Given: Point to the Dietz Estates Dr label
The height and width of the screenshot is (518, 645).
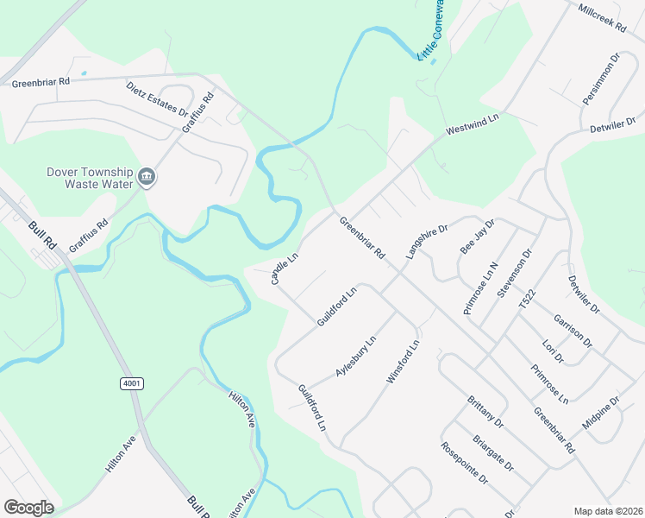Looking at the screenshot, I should tap(157, 99).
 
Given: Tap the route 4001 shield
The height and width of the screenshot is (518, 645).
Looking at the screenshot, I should tap(132, 382).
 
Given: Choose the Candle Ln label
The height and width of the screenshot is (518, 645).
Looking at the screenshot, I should tap(285, 269).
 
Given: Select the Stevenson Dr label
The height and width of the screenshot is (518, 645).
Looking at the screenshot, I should tap(516, 274).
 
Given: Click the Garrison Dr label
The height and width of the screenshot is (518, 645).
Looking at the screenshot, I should tap(573, 331).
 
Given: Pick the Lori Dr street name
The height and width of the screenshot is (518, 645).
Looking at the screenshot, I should tap(552, 351).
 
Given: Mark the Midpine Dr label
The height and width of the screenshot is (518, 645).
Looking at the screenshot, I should tap(601, 414).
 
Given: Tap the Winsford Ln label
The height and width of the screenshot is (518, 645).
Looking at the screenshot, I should tap(403, 362).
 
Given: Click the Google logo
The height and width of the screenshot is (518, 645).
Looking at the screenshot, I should tap(28, 508).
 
